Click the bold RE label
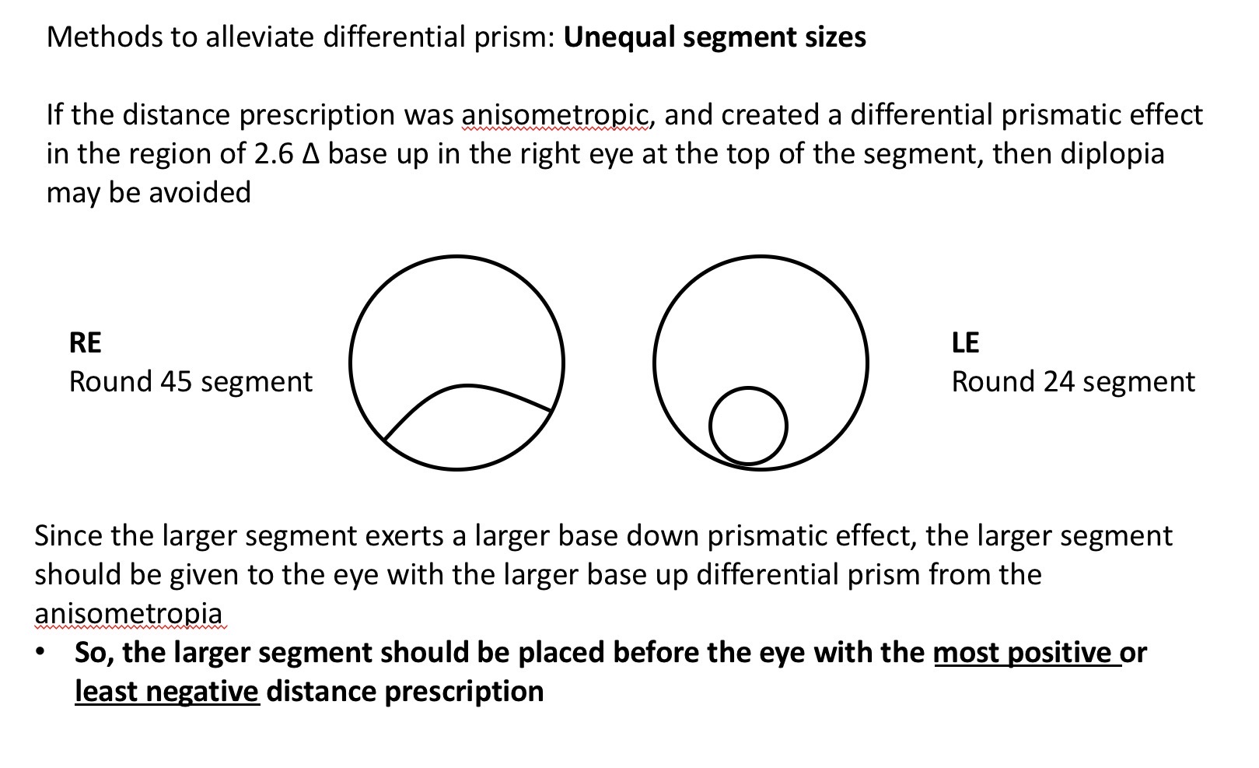tap(85, 342)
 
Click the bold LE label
tap(966, 342)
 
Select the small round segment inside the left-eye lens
tap(748, 426)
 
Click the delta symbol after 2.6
tap(310, 153)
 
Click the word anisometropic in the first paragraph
tap(555, 115)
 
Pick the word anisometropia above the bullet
tap(128, 612)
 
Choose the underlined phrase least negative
tap(166, 691)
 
